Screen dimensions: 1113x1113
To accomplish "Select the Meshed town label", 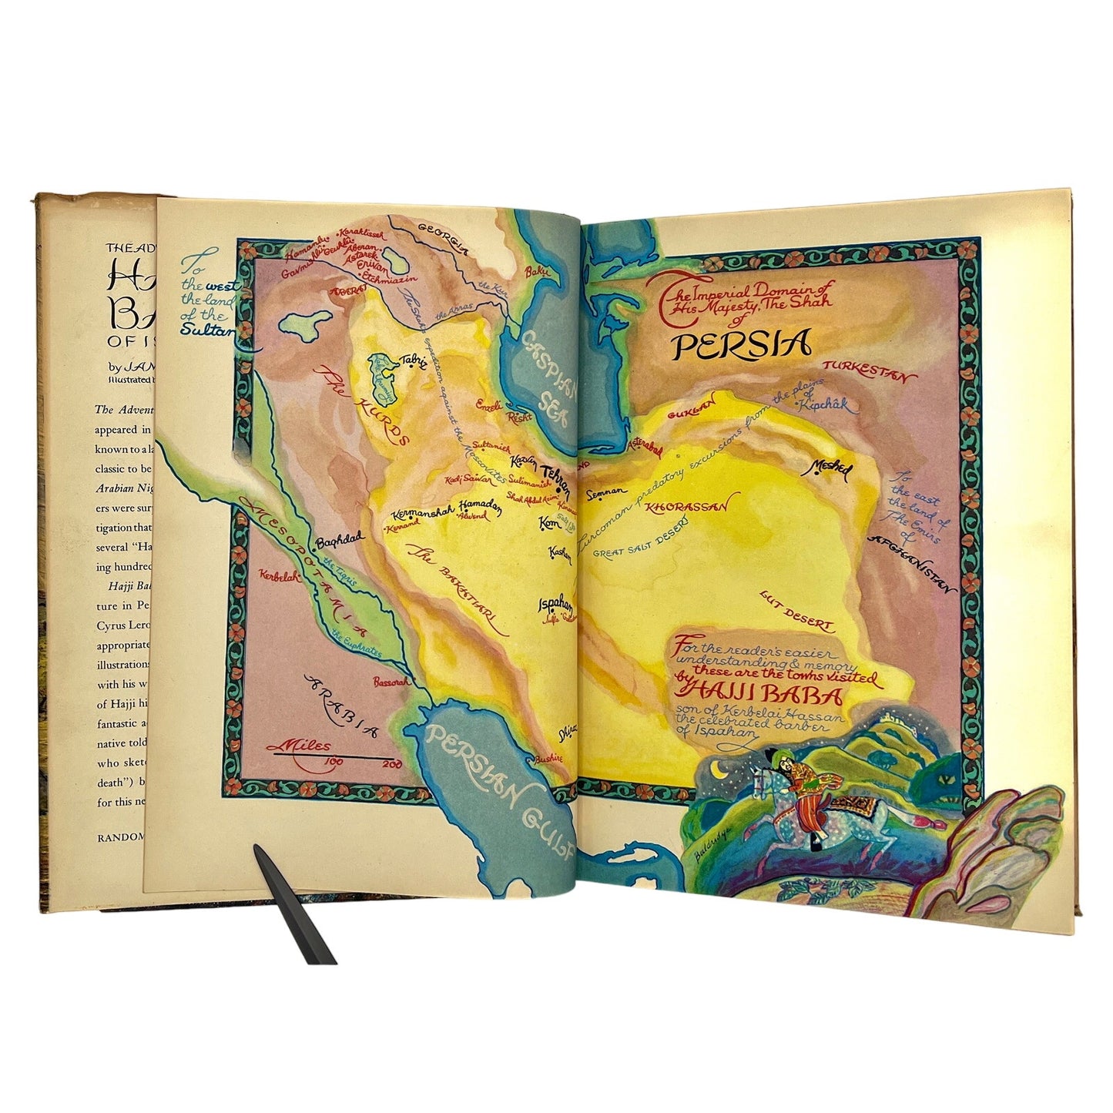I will (x=830, y=468).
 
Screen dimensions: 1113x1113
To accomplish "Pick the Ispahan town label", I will (x=556, y=603).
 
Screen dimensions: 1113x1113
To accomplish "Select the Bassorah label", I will (x=387, y=681).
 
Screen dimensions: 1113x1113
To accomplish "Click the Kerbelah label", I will (x=279, y=575).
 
